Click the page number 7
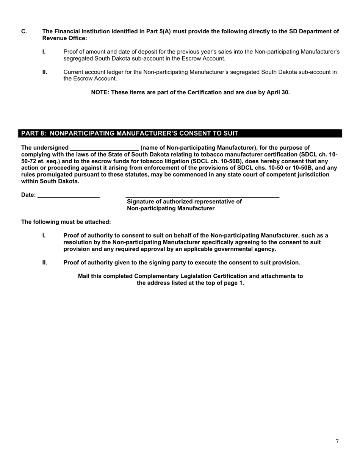337,441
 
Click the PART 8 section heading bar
180,133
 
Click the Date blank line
69,196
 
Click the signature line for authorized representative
202,196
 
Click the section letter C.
24,31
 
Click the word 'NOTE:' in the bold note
100,92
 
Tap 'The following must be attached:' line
66,222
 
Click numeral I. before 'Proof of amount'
44,52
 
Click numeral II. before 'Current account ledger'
45,72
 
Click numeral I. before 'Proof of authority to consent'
44,236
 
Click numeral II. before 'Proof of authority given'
45,263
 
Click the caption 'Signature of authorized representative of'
184,202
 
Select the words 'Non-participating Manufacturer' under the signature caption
171,208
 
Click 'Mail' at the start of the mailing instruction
84,276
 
